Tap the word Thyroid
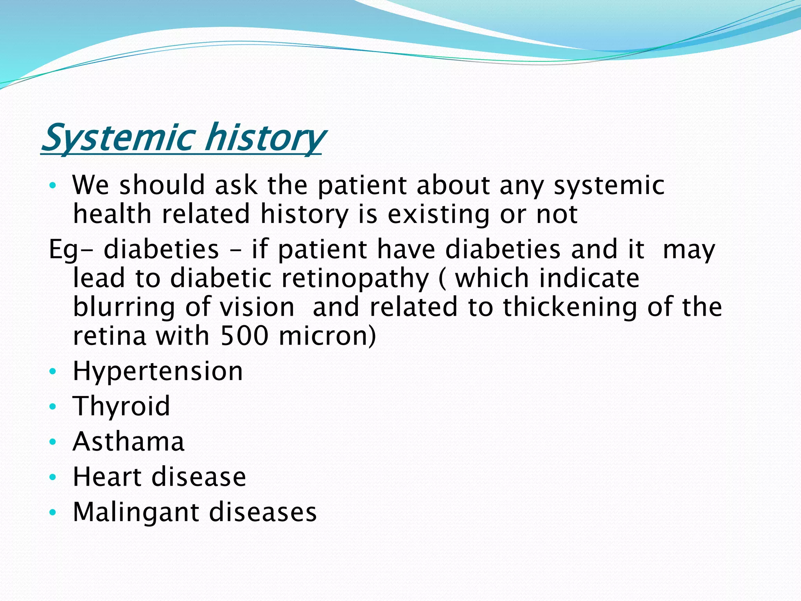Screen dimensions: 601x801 click(x=122, y=406)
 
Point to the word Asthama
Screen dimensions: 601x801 click(x=128, y=442)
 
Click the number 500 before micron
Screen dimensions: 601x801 click(x=244, y=336)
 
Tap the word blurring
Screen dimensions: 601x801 click(x=124, y=307)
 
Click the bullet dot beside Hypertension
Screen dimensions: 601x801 click(x=53, y=371)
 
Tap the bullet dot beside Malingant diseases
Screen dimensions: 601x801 click(x=53, y=512)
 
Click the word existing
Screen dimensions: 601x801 click(x=438, y=215)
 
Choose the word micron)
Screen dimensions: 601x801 click(x=327, y=336)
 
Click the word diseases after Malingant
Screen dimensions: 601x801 click(x=262, y=512)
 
